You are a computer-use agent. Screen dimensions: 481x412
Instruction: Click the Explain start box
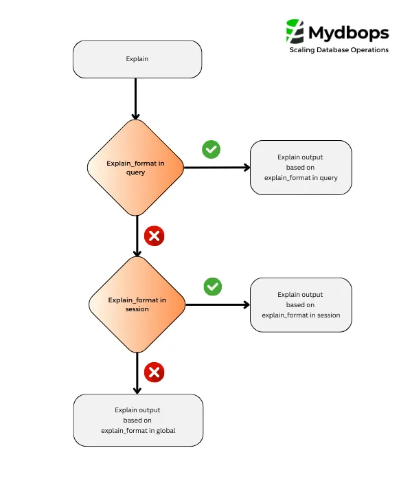[x=137, y=59]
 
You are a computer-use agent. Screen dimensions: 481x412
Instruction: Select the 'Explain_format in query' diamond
[x=136, y=168]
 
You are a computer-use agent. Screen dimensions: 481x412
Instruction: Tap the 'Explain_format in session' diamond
[x=137, y=304]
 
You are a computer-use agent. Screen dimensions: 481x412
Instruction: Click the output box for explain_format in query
[x=301, y=168]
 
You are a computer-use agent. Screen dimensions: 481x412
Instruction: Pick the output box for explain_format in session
[x=301, y=304]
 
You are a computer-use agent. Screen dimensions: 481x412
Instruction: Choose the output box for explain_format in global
[x=138, y=421]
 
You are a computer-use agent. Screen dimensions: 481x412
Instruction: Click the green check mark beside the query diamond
[x=211, y=149]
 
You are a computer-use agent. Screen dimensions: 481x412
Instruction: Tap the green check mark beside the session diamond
[x=213, y=286]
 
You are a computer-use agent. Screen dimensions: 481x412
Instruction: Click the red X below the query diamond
[x=154, y=236]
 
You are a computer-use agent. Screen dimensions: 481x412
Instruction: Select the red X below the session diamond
[x=154, y=373]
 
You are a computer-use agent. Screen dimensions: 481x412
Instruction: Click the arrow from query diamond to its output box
[x=216, y=168]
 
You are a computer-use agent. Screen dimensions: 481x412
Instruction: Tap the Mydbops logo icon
[x=295, y=32]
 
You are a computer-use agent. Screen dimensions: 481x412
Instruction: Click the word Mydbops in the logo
[x=348, y=32]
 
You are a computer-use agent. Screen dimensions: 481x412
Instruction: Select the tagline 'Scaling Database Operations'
[x=339, y=50]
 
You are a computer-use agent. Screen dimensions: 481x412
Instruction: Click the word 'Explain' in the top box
[x=137, y=59]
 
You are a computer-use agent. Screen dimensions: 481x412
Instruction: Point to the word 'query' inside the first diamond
[x=136, y=172]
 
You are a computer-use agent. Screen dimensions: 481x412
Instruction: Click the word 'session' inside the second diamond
[x=137, y=309]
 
